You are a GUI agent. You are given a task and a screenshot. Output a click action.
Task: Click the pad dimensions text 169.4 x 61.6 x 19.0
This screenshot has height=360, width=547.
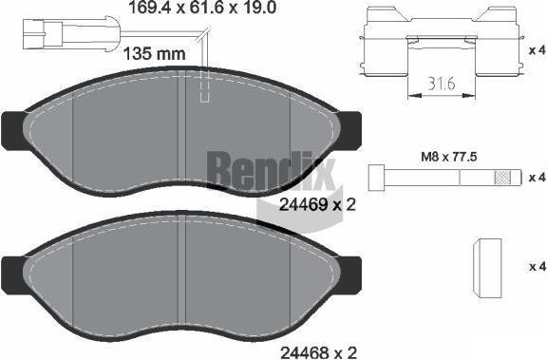tap(202, 8)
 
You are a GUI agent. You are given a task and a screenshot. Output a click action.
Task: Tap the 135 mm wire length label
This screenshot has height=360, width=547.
tap(155, 54)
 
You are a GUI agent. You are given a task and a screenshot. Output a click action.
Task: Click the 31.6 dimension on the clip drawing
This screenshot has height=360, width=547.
tap(442, 85)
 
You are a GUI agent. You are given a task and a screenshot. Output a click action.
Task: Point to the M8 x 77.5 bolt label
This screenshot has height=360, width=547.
tap(448, 157)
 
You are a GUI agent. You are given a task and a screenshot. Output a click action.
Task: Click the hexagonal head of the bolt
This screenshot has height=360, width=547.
tap(376, 179)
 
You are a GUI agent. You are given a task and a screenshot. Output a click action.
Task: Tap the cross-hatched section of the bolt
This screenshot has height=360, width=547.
tap(501, 178)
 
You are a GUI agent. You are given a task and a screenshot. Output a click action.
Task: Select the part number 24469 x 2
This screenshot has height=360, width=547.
tap(317, 205)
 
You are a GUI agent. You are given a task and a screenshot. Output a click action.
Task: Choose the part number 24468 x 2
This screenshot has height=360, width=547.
tap(319, 352)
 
